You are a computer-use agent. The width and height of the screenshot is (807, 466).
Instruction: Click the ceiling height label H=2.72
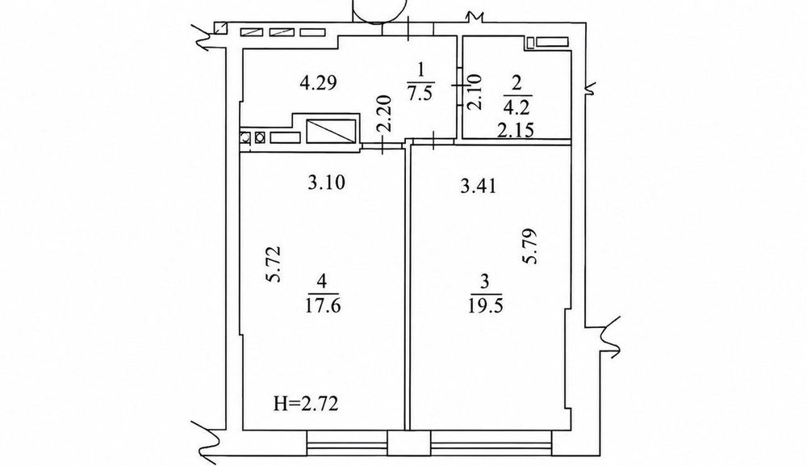(306, 404)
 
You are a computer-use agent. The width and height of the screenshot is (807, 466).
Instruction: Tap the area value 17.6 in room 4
(323, 306)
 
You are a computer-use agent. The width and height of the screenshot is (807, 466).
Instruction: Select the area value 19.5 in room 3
(485, 306)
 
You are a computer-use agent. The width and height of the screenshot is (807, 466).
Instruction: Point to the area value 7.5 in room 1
(420, 94)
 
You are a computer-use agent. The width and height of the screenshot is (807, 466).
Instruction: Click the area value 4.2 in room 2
(518, 108)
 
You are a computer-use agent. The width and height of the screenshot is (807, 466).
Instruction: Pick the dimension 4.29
(319, 82)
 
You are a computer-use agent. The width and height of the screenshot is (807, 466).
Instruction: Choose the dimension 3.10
(326, 183)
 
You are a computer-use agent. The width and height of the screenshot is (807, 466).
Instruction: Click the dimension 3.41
(478, 186)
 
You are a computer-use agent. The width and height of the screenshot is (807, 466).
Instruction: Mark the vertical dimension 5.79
(529, 246)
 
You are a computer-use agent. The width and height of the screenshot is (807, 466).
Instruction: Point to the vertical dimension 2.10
(474, 91)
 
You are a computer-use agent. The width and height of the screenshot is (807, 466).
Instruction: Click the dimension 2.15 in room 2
(516, 130)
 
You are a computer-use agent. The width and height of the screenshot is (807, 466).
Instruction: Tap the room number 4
(322, 281)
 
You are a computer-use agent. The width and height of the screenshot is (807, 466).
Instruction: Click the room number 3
(484, 281)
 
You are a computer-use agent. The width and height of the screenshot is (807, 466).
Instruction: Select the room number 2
(518, 83)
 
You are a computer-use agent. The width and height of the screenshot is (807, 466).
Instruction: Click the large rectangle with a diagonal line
(330, 131)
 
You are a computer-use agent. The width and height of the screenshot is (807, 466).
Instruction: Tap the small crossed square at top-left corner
(221, 27)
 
